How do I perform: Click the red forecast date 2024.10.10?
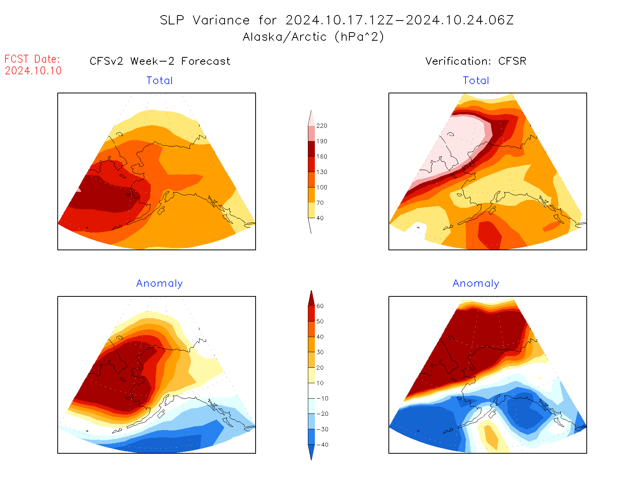(33, 71)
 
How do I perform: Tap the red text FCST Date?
(32, 59)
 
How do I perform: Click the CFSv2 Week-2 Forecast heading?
(160, 61)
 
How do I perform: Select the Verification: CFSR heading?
(476, 61)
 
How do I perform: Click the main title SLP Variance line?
(337, 20)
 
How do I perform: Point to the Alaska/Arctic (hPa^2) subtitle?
(313, 37)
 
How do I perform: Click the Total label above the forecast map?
(160, 81)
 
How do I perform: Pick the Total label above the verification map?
(476, 81)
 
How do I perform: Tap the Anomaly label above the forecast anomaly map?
(160, 284)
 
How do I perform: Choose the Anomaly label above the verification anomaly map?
(476, 284)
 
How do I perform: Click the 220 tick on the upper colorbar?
(321, 126)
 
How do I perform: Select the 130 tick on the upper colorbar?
(321, 172)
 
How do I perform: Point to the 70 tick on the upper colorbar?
(320, 203)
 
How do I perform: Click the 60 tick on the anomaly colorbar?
(320, 306)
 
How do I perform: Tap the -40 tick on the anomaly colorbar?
(322, 445)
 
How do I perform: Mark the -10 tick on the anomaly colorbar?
(322, 398)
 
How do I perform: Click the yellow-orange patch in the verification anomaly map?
(491, 437)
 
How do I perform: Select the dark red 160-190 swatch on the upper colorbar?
(311, 149)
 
